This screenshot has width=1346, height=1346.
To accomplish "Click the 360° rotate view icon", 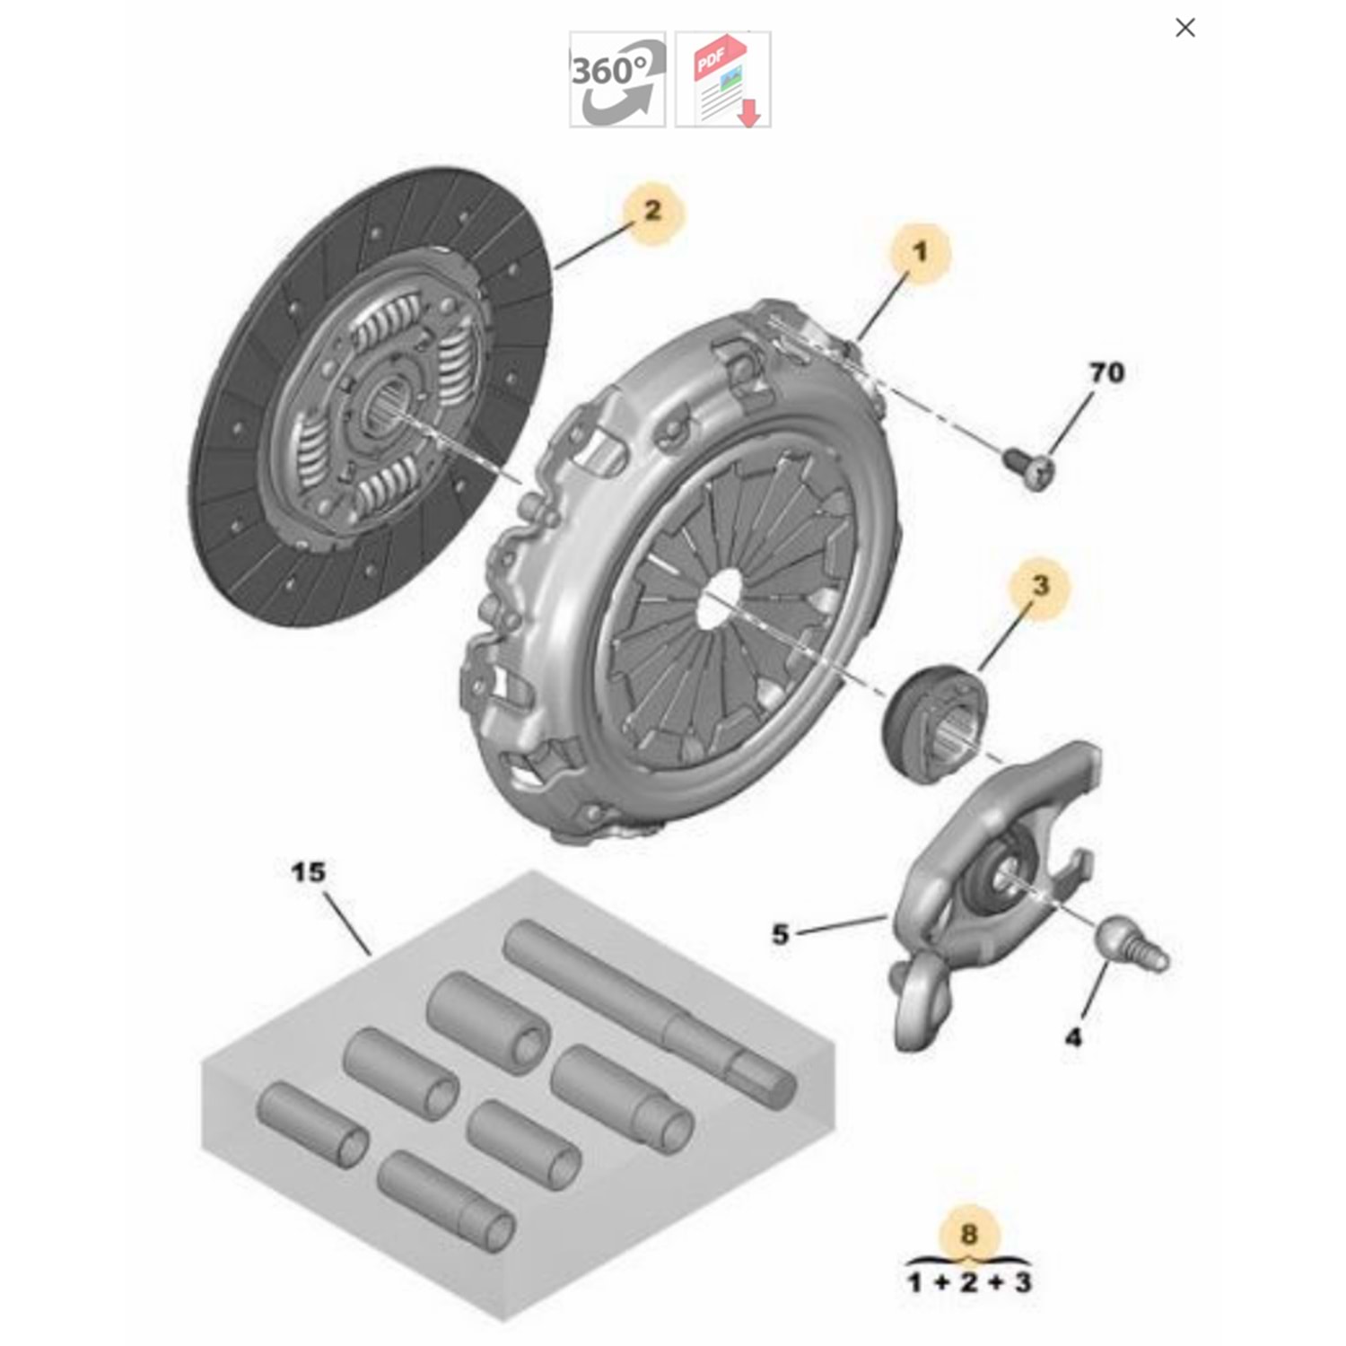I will click(x=617, y=79).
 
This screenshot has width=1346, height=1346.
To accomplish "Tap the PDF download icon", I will click(x=722, y=79).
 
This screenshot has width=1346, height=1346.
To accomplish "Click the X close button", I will click(x=1184, y=28).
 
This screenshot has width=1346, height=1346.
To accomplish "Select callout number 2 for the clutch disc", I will click(x=652, y=211).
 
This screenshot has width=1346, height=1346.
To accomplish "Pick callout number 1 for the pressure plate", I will click(x=919, y=252).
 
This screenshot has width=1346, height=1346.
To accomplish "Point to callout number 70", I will click(x=1106, y=371).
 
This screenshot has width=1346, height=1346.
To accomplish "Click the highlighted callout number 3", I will click(x=1039, y=586).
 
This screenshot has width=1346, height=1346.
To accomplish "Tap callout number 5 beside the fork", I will click(x=780, y=934).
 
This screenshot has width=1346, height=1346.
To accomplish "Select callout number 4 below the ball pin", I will click(x=1073, y=1037).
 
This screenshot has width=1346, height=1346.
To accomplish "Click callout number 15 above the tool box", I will click(x=309, y=871).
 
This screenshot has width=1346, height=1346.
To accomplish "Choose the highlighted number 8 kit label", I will click(x=968, y=1235).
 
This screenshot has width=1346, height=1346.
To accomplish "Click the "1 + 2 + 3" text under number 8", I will click(x=968, y=1281).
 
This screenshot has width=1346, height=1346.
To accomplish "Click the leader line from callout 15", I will click(x=346, y=924).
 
